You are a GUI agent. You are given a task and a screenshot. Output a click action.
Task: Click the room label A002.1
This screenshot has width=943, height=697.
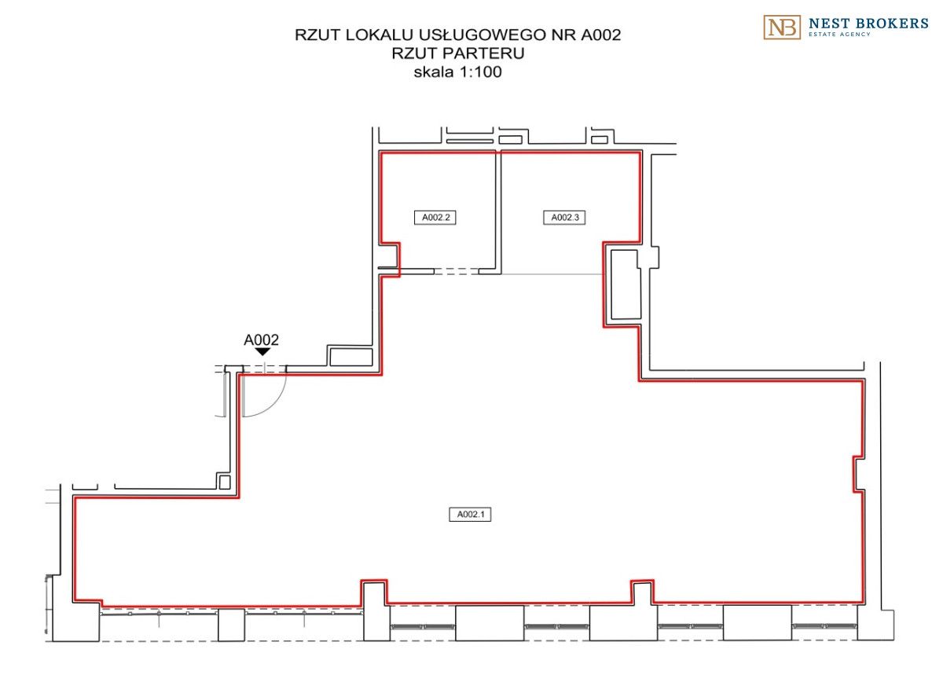click(470, 514)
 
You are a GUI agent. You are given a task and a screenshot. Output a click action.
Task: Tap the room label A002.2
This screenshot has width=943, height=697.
click(435, 218)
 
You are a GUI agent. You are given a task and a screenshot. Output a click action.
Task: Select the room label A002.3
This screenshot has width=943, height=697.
click(564, 218)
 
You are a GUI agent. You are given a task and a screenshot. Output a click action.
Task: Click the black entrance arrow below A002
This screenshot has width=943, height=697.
click(262, 351)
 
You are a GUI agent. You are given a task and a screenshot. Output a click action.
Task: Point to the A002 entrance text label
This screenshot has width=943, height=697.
click(261, 339)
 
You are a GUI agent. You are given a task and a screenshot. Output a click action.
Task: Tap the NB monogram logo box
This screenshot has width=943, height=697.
click(782, 28)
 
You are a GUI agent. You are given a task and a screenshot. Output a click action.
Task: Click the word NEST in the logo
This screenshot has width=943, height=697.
click(827, 24)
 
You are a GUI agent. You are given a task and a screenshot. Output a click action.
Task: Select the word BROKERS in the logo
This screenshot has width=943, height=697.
click(890, 24)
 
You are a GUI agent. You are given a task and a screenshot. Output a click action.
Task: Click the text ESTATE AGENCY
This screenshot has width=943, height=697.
click(839, 35)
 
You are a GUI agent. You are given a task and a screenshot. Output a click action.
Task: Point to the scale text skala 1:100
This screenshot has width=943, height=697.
click(458, 72)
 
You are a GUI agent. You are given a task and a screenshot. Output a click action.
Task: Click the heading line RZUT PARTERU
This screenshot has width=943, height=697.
click(458, 53)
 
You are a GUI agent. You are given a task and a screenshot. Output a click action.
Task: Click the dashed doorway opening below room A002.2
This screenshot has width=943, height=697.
click(457, 271)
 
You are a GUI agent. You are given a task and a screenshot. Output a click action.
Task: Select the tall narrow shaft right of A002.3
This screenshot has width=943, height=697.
click(626, 284)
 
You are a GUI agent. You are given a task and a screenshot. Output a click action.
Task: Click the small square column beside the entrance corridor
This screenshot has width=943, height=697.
click(225, 482)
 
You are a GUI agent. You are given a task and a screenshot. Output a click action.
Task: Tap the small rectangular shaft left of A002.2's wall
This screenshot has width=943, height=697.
click(351, 357)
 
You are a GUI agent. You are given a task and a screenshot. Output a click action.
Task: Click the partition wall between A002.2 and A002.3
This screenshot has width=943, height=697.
click(498, 212)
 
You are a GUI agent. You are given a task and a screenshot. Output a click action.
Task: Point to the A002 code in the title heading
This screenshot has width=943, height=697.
click(600, 35)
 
